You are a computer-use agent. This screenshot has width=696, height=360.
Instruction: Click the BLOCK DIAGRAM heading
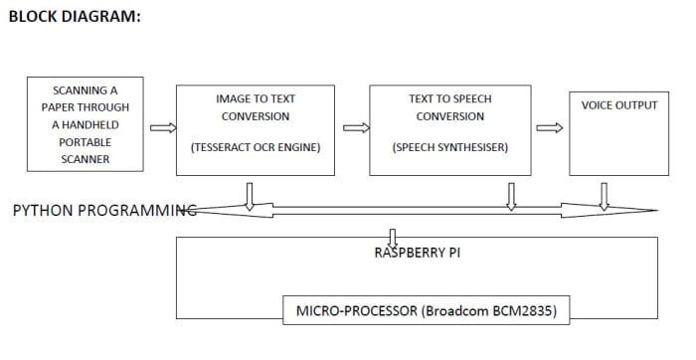pyautogui.click(x=75, y=17)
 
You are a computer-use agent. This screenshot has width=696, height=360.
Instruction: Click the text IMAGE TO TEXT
pyautogui.click(x=256, y=99)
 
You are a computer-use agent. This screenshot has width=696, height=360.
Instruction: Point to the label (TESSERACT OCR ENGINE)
pyautogui.click(x=256, y=147)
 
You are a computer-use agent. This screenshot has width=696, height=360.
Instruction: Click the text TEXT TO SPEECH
pyautogui.click(x=449, y=99)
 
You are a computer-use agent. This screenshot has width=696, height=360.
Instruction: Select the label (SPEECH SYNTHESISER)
pyautogui.click(x=449, y=147)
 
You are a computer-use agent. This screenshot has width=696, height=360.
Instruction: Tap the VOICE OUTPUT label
pyautogui.click(x=618, y=105)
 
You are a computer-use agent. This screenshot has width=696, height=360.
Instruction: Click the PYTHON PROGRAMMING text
pyautogui.click(x=103, y=210)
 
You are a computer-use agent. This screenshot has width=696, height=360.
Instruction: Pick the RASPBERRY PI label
pyautogui.click(x=417, y=253)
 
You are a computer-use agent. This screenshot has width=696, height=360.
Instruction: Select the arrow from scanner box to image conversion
pyautogui.click(x=163, y=127)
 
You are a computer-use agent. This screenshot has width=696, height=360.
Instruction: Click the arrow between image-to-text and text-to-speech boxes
pyautogui.click(x=356, y=127)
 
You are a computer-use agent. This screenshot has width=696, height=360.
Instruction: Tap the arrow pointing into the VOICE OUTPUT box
pyautogui.click(x=549, y=127)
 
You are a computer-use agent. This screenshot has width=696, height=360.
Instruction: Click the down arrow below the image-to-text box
pyautogui.click(x=249, y=196)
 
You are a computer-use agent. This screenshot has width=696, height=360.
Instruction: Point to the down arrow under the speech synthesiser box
pyautogui.click(x=511, y=196)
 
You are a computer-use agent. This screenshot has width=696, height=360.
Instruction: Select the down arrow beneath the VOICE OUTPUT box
pyautogui.click(x=603, y=196)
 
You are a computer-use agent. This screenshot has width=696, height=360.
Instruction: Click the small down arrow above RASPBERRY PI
pyautogui.click(x=393, y=237)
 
